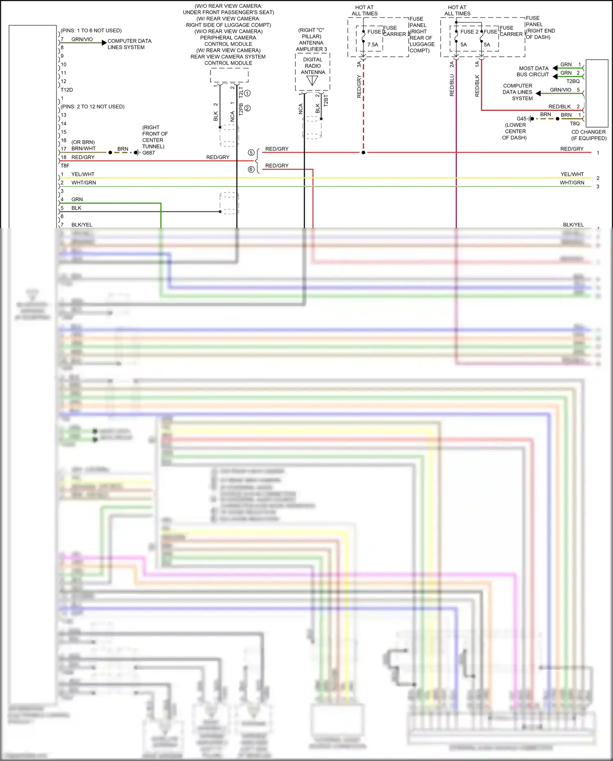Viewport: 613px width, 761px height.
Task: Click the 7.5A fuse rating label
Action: coord(372,45)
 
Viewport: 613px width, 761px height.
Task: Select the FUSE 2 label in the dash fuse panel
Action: coord(469,31)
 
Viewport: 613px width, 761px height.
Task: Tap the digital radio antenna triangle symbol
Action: coord(312,81)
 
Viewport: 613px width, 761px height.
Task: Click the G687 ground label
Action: coord(148,153)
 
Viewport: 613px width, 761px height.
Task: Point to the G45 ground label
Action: coord(521,119)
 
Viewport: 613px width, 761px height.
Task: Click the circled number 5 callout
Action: coord(251,153)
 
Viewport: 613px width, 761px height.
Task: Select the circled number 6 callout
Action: coord(251,169)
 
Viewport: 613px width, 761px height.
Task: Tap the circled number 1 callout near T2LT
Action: coord(247,93)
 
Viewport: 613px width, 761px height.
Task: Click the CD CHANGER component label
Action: coord(588,132)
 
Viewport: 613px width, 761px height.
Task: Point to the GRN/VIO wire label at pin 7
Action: coord(82,39)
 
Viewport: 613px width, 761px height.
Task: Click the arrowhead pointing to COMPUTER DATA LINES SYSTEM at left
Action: coord(104,43)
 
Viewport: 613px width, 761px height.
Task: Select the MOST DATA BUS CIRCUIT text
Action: coord(533,72)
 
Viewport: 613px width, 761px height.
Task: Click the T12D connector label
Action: coord(67,90)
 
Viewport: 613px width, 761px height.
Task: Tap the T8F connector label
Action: coord(65,166)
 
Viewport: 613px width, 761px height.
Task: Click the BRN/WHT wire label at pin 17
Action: coord(83,148)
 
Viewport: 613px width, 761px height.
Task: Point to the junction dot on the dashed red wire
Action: coord(363,153)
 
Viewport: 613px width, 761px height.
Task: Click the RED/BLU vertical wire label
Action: coord(452,85)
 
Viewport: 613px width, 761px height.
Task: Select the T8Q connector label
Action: coord(575,123)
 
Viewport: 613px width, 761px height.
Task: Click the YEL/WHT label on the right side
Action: coord(572,174)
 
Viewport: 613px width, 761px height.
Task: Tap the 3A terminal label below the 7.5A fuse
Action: coord(359,64)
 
